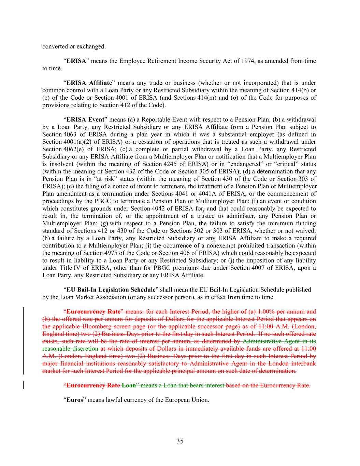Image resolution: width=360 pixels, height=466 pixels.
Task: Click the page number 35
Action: (180, 441)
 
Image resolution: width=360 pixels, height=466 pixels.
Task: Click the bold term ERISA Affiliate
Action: (89, 83)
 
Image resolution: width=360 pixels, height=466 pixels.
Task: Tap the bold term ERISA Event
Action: (85, 119)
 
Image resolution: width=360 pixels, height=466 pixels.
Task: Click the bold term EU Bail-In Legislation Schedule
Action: (111, 290)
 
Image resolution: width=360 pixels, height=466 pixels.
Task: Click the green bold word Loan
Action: (129, 386)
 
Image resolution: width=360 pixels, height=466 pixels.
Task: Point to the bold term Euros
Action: (75, 400)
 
